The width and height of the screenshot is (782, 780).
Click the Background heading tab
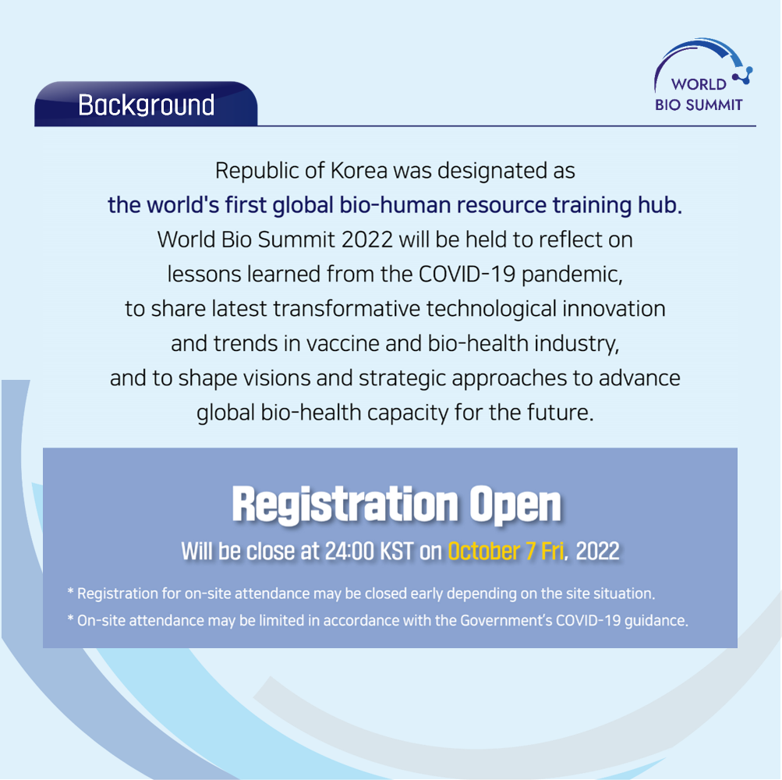point(146,104)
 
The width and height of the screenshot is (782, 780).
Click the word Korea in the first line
point(359,171)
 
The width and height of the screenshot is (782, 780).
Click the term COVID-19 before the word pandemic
point(467,274)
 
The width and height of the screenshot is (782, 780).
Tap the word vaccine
point(342,343)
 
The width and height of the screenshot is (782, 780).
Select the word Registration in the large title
point(345,505)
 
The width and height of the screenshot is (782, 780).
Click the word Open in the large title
point(515,505)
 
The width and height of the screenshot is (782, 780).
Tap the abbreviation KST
point(397,551)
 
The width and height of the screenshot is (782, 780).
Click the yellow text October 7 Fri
point(506,551)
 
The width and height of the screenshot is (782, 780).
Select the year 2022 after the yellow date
point(597,551)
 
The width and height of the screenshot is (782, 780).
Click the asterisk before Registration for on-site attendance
point(70,592)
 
